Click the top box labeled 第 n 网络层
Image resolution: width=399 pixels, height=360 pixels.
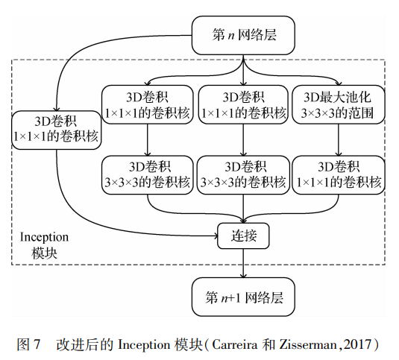[x=245, y=35]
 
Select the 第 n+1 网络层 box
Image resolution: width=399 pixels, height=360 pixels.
[x=245, y=297]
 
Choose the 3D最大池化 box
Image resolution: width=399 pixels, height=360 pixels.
[x=339, y=105]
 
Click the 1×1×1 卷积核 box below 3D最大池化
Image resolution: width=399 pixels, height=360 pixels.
[x=339, y=173]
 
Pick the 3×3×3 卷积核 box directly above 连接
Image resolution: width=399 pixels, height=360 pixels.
[x=245, y=173]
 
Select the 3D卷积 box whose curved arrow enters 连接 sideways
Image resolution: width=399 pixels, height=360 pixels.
[x=56, y=129]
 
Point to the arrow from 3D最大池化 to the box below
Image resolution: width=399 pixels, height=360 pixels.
[x=339, y=139]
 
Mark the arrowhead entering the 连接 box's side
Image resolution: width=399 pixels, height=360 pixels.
[x=214, y=236]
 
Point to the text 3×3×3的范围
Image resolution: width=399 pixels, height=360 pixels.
[x=339, y=114]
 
